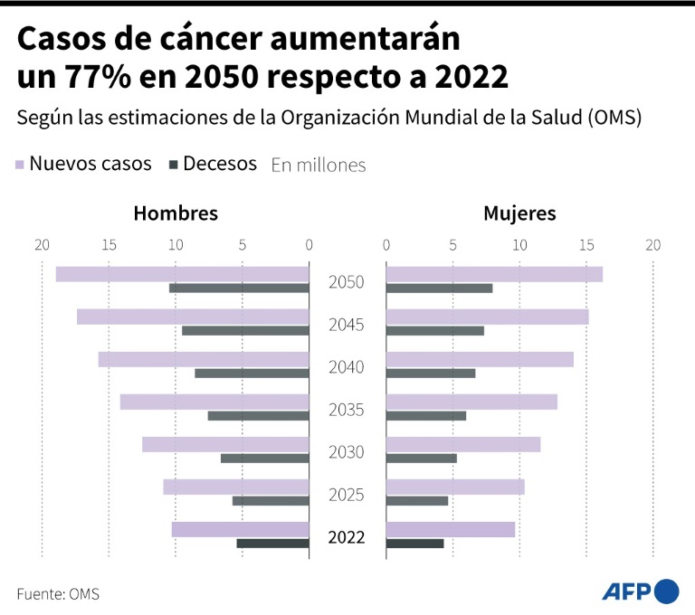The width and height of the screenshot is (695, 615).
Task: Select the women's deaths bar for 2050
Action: pyautogui.click(x=439, y=289)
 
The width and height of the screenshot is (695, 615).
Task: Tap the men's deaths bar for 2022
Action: pyautogui.click(x=272, y=544)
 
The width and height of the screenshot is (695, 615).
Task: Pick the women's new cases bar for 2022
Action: pyautogui.click(x=450, y=530)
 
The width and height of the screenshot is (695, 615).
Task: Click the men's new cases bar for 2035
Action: pyautogui.click(x=214, y=402)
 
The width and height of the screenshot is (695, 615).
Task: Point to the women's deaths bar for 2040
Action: pyautogui.click(x=430, y=374)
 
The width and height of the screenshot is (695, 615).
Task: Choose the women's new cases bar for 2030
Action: pyautogui.click(x=462, y=444)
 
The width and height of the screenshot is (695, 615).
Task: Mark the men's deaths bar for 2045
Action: pyautogui.click(x=245, y=331)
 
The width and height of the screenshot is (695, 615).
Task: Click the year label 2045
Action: pyautogui.click(x=346, y=325)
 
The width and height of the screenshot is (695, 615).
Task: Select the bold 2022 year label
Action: pyautogui.click(x=346, y=537)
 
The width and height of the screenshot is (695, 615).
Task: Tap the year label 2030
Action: pyautogui.click(x=346, y=452)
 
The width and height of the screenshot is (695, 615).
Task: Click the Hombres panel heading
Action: pyautogui.click(x=176, y=213)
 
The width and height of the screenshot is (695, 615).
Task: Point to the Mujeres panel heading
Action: pyautogui.click(x=519, y=213)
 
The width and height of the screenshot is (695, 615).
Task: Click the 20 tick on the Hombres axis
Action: pyautogui.click(x=42, y=244)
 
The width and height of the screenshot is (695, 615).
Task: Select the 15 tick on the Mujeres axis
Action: pyautogui.click(x=586, y=244)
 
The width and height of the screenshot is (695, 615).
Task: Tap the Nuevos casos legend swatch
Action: pyautogui.click(x=19, y=165)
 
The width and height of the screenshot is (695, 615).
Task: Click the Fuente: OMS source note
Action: pyautogui.click(x=58, y=594)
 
